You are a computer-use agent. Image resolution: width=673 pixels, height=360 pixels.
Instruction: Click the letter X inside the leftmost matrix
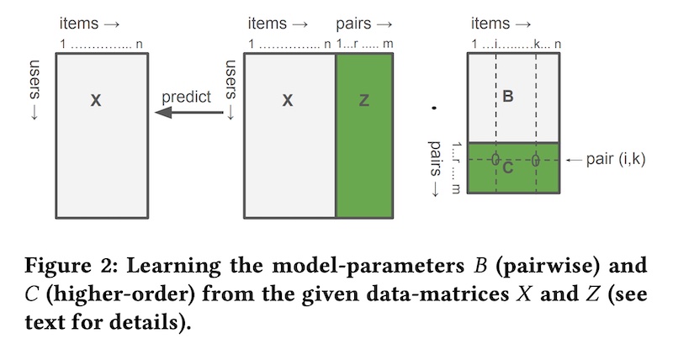click(x=96, y=100)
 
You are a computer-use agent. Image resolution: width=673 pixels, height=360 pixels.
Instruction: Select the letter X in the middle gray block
click(x=288, y=100)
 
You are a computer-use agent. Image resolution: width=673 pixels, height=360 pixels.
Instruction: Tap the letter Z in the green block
click(x=363, y=100)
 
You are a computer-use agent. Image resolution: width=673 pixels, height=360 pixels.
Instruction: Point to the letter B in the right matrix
click(x=507, y=97)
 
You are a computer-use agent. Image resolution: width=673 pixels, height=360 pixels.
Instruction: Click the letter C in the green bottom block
click(x=507, y=167)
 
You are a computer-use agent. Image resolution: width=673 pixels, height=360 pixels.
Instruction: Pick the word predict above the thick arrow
click(x=186, y=97)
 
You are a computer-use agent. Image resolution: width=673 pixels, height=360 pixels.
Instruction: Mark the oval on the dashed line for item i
click(x=495, y=159)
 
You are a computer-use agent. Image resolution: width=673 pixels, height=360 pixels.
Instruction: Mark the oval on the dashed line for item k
click(x=535, y=159)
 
